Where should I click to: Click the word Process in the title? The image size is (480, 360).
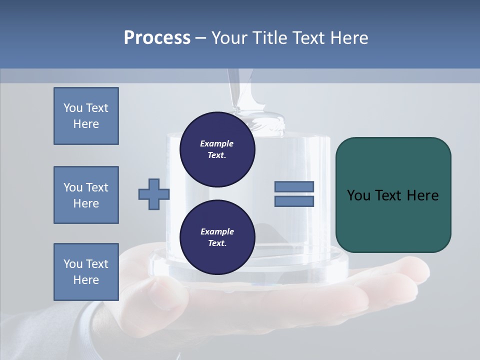[157, 38]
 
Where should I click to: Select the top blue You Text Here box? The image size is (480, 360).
[86, 116]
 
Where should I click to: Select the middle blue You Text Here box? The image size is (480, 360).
[86, 195]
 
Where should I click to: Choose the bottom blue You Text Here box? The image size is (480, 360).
[86, 272]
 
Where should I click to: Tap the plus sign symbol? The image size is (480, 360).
[154, 194]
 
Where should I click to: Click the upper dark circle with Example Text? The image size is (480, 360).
[217, 149]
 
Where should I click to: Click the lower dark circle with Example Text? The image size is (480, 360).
[217, 237]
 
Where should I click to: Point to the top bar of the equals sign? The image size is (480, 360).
[294, 186]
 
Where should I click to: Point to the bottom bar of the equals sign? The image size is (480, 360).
[294, 201]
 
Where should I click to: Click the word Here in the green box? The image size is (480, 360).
[422, 195]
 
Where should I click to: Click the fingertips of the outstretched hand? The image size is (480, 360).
[415, 272]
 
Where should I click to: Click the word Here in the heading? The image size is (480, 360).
[348, 38]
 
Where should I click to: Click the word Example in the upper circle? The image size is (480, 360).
[216, 143]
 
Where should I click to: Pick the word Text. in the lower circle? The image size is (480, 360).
[217, 243]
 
